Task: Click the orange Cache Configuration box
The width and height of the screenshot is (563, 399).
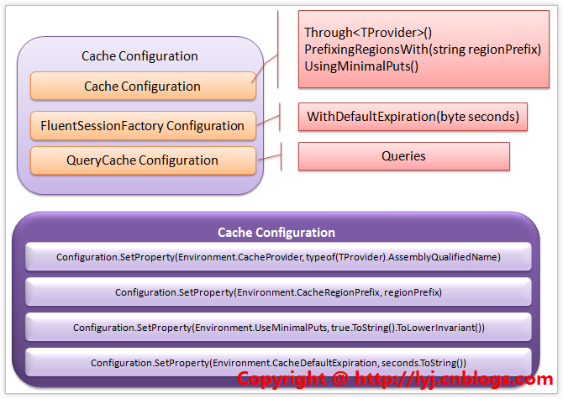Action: click(143, 86)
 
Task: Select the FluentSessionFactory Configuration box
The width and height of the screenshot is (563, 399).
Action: click(143, 126)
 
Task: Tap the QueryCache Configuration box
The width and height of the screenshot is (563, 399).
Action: click(143, 160)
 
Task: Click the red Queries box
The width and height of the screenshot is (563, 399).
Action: click(403, 156)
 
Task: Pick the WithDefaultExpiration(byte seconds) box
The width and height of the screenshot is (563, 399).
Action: click(413, 116)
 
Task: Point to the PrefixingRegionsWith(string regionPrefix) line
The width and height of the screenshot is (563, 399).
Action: click(423, 50)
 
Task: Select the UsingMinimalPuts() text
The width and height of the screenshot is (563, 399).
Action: click(361, 66)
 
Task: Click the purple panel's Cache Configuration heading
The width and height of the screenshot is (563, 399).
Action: click(276, 233)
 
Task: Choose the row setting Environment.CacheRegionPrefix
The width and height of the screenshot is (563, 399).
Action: click(278, 292)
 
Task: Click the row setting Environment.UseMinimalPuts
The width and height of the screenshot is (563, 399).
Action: click(278, 328)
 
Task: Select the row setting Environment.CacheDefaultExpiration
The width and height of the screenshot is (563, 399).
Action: click(278, 362)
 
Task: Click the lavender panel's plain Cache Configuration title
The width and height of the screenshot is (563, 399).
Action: click(139, 56)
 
